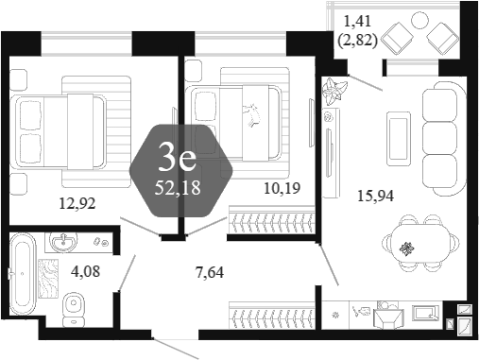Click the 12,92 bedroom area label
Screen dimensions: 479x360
tap(77, 204)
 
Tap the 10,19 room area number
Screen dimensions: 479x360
tap(282, 188)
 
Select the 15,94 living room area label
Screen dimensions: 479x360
tap(375, 196)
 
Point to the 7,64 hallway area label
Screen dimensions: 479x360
tap(210, 272)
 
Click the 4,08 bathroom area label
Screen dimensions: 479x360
tap(86, 271)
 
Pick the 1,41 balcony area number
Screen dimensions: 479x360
tap(357, 22)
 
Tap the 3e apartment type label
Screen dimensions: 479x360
tap(178, 160)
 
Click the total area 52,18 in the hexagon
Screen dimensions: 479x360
tap(178, 188)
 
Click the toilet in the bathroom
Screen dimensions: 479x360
tap(74, 309)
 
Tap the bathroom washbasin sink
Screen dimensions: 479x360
tap(63, 243)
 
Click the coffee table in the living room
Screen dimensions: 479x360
tap(399, 139)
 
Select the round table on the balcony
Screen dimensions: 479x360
tap(420, 20)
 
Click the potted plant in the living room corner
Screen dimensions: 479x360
tap(334, 92)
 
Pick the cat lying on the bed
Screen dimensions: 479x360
tap(251, 115)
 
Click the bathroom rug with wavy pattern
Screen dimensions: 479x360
tap(48, 279)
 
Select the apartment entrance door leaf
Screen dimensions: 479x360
tap(175, 349)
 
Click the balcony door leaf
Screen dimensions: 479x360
tap(366, 83)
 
